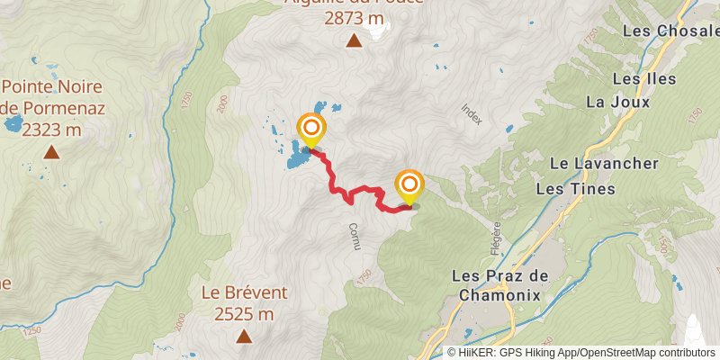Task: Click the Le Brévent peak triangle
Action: [243, 337]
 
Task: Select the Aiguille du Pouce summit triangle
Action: [354, 40]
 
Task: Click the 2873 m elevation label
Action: [355, 17]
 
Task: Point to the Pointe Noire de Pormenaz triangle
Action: [52, 152]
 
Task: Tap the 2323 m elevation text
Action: [51, 130]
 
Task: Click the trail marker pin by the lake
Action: [311, 130]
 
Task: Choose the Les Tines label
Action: [575, 189]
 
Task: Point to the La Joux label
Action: [606, 102]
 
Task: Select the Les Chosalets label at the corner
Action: [671, 31]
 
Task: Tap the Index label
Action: [471, 112]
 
